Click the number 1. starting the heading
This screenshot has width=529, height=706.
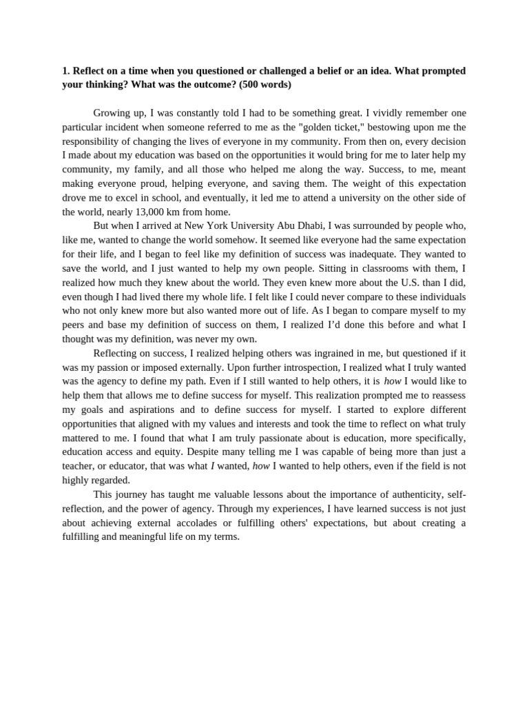pyautogui.click(x=66, y=71)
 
